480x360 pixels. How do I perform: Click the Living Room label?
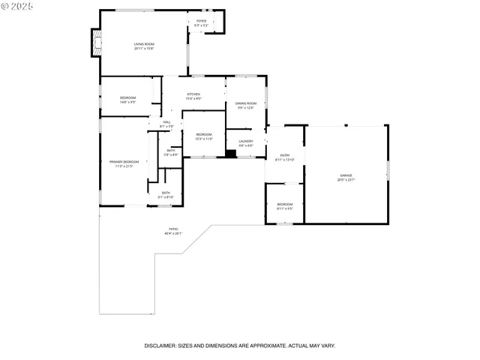[x=144, y=44]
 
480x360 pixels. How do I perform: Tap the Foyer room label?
[x=201, y=21]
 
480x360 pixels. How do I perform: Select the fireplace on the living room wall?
[x=95, y=43]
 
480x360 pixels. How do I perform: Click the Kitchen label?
[x=193, y=94]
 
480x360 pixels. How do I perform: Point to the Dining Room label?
[x=245, y=103]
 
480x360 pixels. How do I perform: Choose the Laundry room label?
[x=245, y=141]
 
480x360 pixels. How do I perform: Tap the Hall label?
[x=166, y=122]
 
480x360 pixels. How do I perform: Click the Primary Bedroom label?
[x=124, y=162]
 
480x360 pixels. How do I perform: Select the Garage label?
[x=346, y=175]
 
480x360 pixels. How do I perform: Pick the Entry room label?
[x=285, y=155]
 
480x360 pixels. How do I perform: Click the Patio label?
[x=173, y=229]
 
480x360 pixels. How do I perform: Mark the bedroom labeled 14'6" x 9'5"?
[x=128, y=100]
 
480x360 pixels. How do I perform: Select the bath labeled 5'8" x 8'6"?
[x=172, y=152]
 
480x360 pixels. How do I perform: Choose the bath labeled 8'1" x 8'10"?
[x=165, y=195]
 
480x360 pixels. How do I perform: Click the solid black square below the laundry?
[x=231, y=154]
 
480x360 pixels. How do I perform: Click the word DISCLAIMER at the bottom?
[x=160, y=346]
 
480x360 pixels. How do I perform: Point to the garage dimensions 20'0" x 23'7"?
[x=346, y=180]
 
